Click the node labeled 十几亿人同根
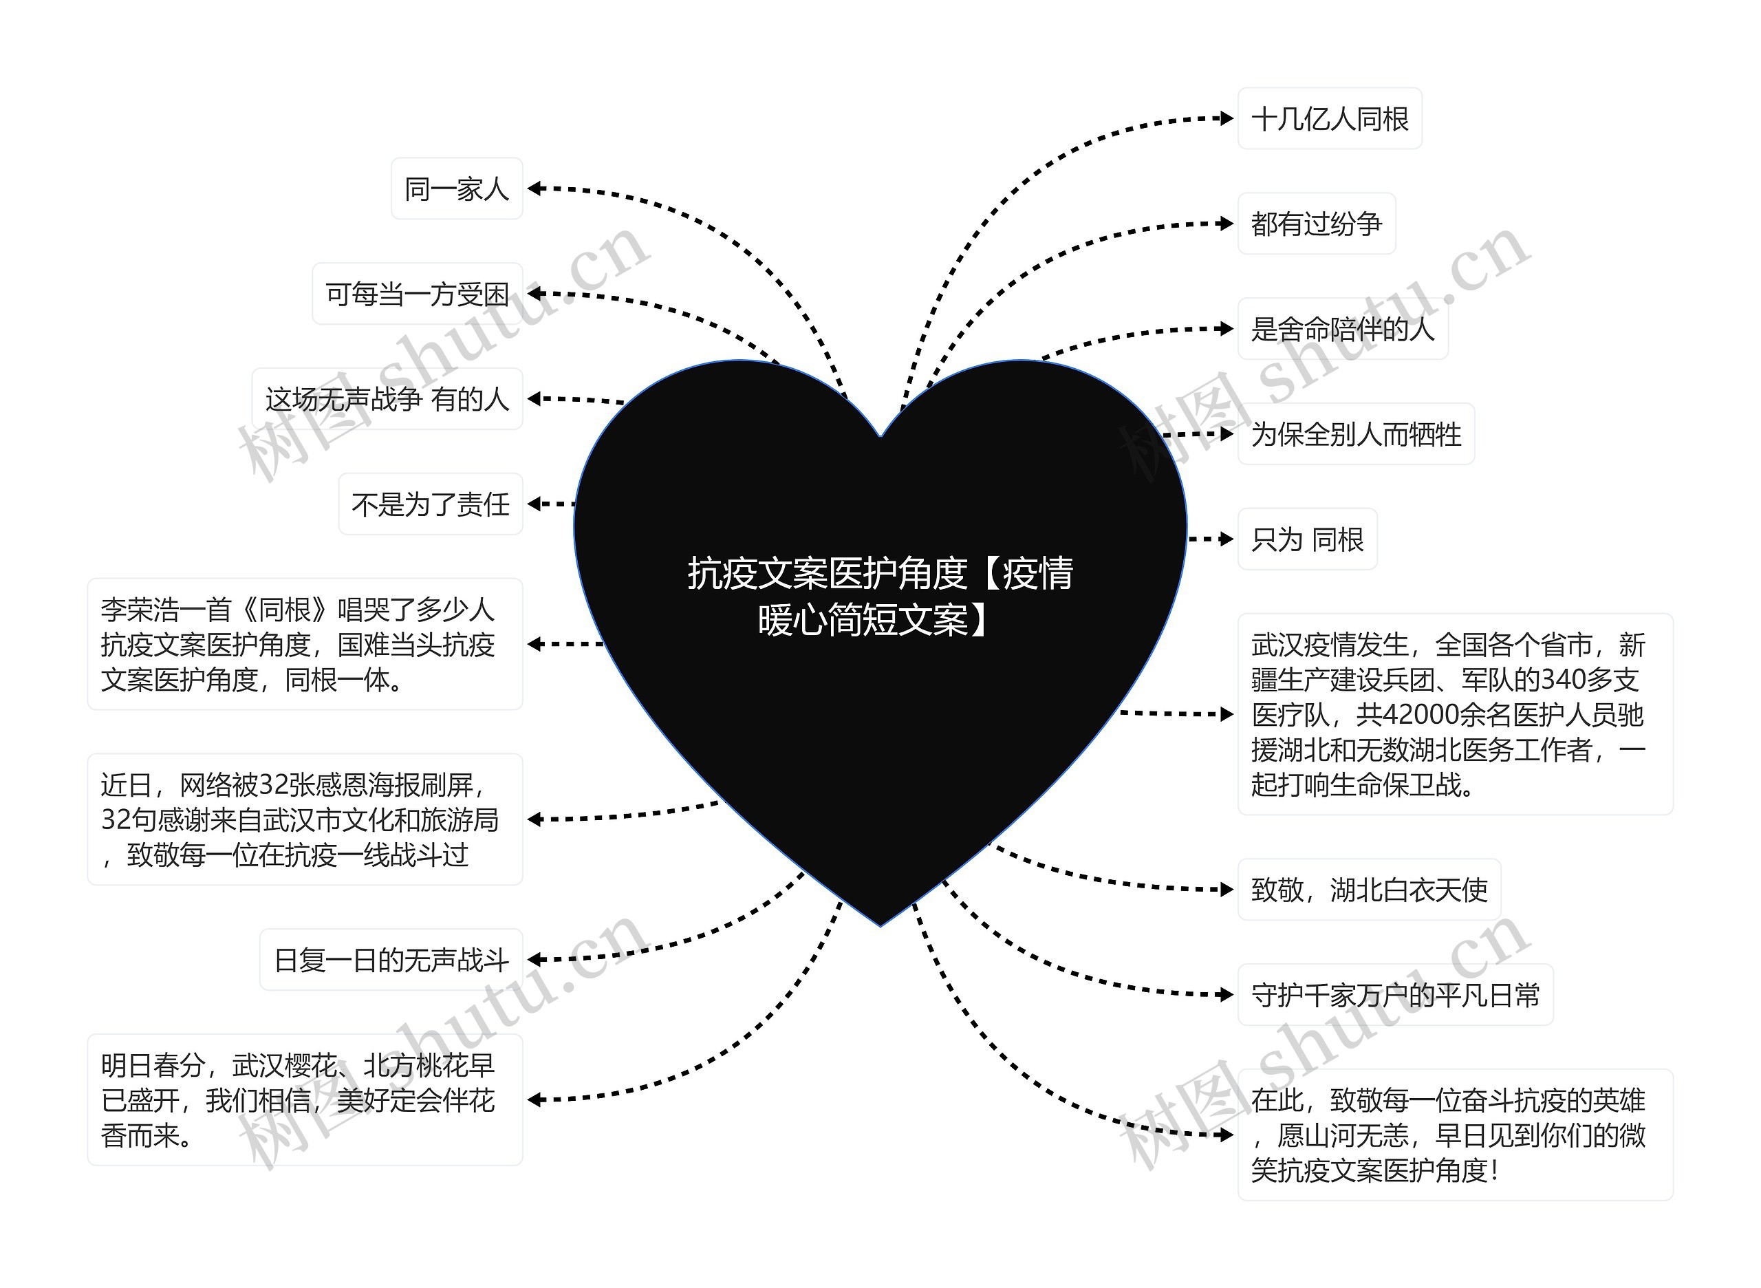coord(1329,119)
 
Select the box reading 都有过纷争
coord(1316,224)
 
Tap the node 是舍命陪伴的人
coord(1341,329)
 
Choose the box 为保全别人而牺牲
coord(1356,434)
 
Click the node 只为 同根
coord(1306,539)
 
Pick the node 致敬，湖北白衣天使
coord(1368,890)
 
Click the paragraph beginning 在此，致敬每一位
coord(1455,1135)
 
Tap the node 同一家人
coord(457,189)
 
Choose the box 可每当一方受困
coord(417,294)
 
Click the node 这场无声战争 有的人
coord(387,399)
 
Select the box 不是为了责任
coord(431,504)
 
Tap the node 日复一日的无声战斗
coord(391,960)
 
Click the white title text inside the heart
coord(879,597)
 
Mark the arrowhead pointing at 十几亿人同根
coord(1227,119)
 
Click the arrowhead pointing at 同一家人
coord(534,189)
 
